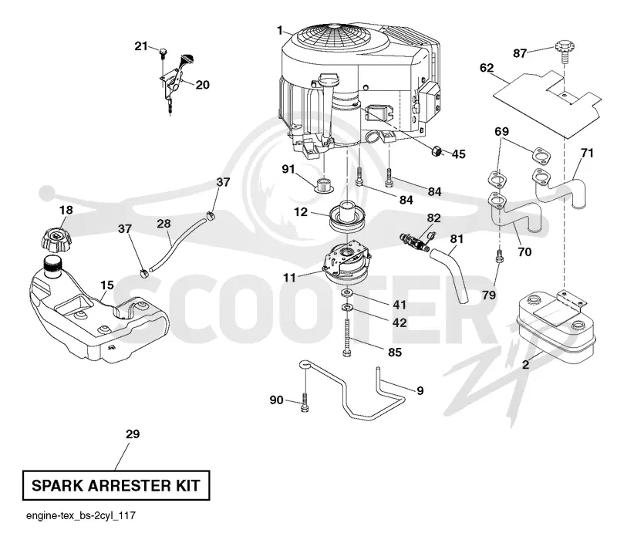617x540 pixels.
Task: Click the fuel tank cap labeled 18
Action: pyautogui.click(x=56, y=238)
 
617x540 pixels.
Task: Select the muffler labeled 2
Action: pyautogui.click(x=556, y=326)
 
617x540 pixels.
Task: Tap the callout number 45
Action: pyautogui.click(x=458, y=154)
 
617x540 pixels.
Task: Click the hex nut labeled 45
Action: pyautogui.click(x=437, y=150)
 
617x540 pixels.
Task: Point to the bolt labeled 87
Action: pyautogui.click(x=565, y=50)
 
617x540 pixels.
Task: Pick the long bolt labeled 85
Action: pyautogui.click(x=346, y=338)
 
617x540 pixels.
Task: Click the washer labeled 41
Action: pyautogui.click(x=346, y=293)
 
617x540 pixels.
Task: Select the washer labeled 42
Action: pyautogui.click(x=347, y=306)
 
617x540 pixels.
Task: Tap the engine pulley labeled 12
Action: pyautogui.click(x=348, y=218)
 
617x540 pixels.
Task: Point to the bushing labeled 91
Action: pyautogui.click(x=324, y=184)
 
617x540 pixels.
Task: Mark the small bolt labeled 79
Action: pyautogui.click(x=499, y=257)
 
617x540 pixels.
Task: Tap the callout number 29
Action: pyautogui.click(x=133, y=434)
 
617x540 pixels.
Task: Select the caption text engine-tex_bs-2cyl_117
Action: pyautogui.click(x=81, y=515)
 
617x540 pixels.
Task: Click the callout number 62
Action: pyautogui.click(x=487, y=68)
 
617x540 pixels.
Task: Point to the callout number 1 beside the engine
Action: pyautogui.click(x=280, y=30)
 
